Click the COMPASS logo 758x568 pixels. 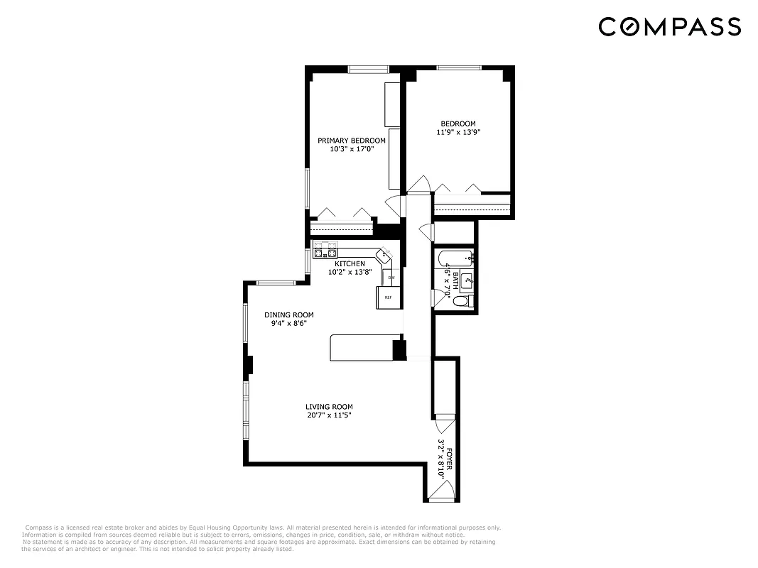669,27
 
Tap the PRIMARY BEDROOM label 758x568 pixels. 352,141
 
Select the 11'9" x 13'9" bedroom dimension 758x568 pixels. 458,132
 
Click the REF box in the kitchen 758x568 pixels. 388,297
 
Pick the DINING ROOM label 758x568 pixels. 288,315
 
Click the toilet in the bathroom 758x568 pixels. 461,302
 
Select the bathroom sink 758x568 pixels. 467,281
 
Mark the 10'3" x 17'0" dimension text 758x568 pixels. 352,149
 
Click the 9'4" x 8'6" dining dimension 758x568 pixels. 288,323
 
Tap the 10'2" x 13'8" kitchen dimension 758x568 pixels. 350,272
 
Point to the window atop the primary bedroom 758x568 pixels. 369,69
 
